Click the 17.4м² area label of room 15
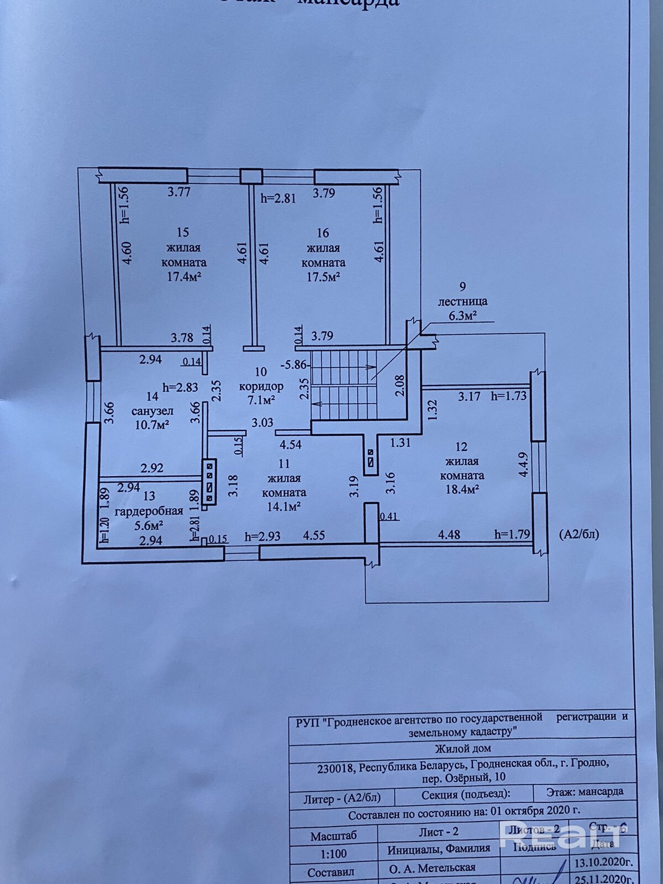(184, 277)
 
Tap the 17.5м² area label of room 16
(323, 277)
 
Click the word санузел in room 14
(152, 411)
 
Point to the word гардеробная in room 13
(148, 511)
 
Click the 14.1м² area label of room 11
(284, 506)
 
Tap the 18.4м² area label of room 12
(462, 489)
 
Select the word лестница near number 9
(462, 302)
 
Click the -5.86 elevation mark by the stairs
(293, 365)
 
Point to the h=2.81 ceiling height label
(278, 198)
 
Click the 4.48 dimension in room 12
(449, 534)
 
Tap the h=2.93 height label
(263, 536)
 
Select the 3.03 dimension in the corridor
(262, 423)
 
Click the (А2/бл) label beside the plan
(579, 534)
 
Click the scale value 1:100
(334, 854)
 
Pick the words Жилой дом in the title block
(462, 749)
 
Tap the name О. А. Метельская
(433, 869)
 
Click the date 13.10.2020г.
(603, 862)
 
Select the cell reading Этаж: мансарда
(585, 792)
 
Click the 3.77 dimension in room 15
(179, 192)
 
